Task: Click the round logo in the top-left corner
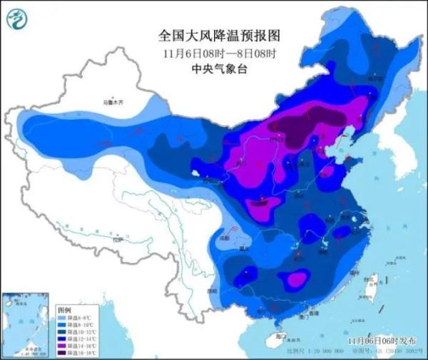pyautogui.click(x=19, y=19)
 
